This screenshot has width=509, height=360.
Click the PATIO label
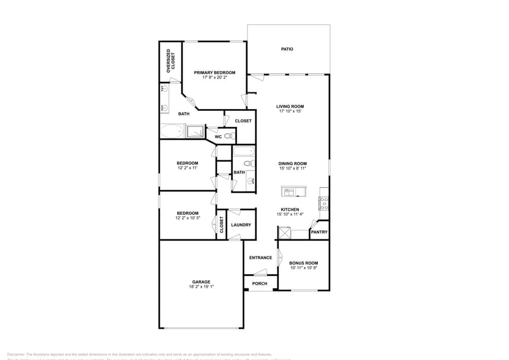pos(287,49)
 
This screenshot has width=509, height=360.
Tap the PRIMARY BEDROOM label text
pos(214,73)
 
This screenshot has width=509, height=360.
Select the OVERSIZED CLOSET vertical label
pos(173,62)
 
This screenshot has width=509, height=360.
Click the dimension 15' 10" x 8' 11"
pos(292,168)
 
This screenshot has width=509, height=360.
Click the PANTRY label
pos(319,232)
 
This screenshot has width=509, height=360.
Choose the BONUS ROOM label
pos(303,263)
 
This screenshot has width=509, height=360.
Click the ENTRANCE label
pos(260,258)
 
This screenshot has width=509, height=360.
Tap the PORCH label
pos(260,284)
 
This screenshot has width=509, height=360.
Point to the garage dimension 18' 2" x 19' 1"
pos(202,287)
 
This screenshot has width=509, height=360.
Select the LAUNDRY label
pos(241,225)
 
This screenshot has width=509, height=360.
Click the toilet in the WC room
pos(227,136)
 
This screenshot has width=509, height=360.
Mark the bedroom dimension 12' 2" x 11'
pos(187,168)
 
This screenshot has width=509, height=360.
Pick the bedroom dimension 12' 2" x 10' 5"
pos(187,218)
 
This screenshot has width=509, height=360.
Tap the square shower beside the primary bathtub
pos(195,131)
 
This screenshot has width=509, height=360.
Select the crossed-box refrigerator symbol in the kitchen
pos(284,233)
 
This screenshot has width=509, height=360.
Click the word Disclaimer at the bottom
pos(15,354)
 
